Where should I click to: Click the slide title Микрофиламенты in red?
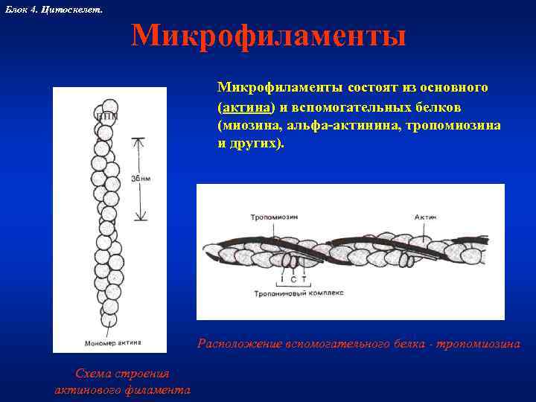point(269,36)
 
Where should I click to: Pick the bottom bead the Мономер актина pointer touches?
point(109,319)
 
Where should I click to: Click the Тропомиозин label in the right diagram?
point(264,217)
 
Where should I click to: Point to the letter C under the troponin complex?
point(293,279)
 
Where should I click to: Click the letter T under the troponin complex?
point(303,279)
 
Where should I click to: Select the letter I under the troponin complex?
point(282,279)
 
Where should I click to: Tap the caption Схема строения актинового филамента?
point(123,381)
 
